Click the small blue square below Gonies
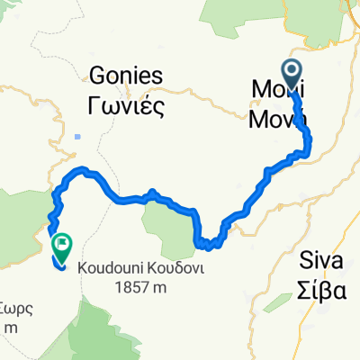[80, 137]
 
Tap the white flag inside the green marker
[63, 241]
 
